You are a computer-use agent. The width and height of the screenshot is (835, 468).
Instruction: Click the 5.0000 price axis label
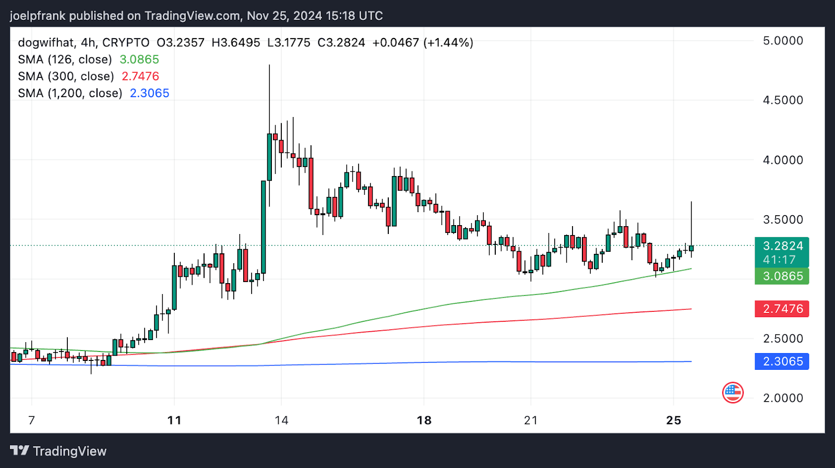coord(783,41)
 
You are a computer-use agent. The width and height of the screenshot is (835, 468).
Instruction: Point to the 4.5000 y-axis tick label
coord(783,100)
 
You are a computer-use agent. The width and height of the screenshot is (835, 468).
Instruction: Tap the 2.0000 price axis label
coord(783,398)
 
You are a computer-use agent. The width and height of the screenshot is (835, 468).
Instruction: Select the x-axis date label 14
coord(281,420)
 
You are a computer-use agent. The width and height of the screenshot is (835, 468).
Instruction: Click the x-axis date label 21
coord(531,420)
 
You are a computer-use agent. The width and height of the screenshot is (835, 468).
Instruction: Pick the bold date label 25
coord(674,420)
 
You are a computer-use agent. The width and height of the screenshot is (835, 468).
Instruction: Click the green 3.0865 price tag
coord(782,276)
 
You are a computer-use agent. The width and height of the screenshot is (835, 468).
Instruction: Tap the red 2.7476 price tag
coord(782,309)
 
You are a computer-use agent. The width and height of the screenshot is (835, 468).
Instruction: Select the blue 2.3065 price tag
coord(782,361)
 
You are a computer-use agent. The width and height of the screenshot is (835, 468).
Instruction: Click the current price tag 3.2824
coord(782,246)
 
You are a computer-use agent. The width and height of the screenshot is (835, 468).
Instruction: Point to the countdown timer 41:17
coord(779,260)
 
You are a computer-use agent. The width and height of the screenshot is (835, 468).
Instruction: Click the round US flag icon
coord(733,392)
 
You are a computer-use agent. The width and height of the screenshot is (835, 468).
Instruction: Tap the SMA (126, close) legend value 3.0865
coord(139,60)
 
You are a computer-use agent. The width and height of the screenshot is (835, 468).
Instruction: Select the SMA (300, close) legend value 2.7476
coord(140,76)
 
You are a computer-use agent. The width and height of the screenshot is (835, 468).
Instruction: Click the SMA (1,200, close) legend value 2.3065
coord(150,93)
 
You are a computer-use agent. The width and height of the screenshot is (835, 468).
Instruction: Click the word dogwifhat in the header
coord(46,43)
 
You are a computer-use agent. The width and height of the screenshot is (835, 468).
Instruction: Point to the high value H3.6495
coord(236,43)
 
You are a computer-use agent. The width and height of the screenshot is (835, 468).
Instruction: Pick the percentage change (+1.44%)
coord(448,43)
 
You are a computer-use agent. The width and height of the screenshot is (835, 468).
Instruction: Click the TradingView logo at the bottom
coord(58,451)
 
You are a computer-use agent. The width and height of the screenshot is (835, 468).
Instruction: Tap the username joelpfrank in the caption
coord(38,16)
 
